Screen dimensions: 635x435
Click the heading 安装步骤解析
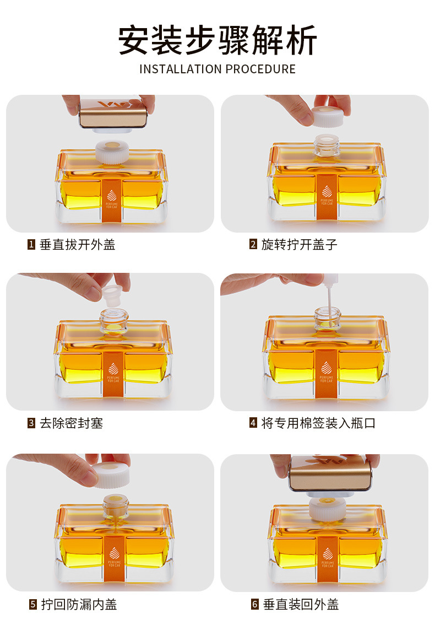tap(218, 41)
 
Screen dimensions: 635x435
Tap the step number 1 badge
tap(31, 244)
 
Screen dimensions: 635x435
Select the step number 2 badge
tap(253, 244)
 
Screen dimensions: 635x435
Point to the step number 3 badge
tap(31, 423)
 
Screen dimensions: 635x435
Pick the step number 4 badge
tap(253, 423)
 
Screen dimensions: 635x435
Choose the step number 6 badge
tap(254, 605)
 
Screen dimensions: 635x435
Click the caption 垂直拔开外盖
tap(78, 245)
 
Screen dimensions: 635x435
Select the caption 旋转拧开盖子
tap(299, 245)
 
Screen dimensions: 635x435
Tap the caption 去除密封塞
tap(72, 423)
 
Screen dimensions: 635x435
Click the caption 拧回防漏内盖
tap(79, 605)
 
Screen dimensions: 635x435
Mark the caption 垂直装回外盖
tap(301, 605)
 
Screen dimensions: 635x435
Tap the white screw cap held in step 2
tap(328, 117)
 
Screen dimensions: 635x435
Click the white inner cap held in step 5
tap(110, 474)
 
